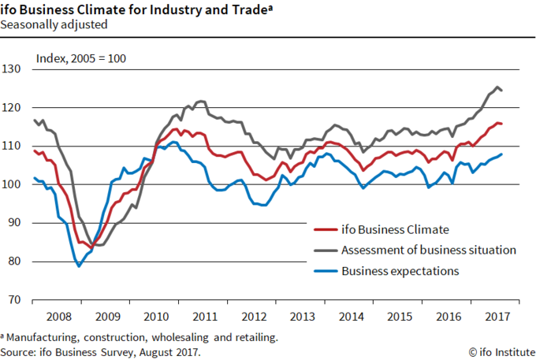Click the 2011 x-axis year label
pyautogui.click(x=207, y=316)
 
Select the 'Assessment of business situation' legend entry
pyautogui.click(x=429, y=251)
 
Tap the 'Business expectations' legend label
pyautogui.click(x=401, y=271)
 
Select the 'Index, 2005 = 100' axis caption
pyautogui.click(x=81, y=58)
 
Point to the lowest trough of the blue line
pyautogui.click(x=79, y=266)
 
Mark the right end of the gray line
pyautogui.click(x=502, y=91)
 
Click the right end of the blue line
pyautogui.click(x=502, y=154)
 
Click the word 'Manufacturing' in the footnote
pyautogui.click(x=40, y=337)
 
